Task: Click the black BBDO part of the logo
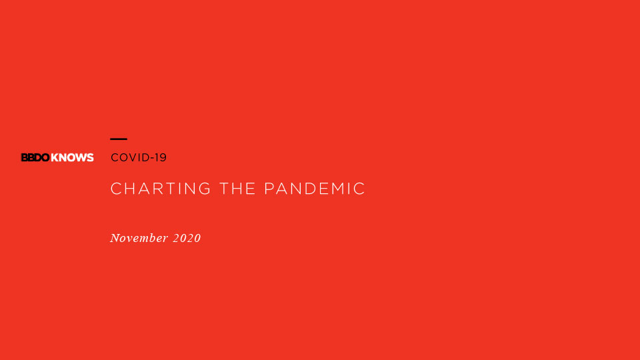[x=35, y=157]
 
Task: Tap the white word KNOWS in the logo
[x=72, y=157]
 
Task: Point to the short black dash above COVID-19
[x=119, y=139]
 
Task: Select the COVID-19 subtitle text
[x=139, y=157]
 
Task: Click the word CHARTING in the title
[x=161, y=189]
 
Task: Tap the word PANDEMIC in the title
[x=315, y=189]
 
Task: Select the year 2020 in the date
[x=187, y=238]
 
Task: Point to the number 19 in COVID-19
[x=161, y=157]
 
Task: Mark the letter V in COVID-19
[x=130, y=157]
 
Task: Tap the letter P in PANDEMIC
[x=269, y=189]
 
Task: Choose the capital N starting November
[x=115, y=238]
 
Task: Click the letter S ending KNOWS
[x=90, y=157]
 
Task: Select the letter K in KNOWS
[x=55, y=157]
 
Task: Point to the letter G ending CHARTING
[x=205, y=189]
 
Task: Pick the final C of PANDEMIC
[x=359, y=189]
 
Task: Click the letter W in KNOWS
[x=80, y=157]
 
